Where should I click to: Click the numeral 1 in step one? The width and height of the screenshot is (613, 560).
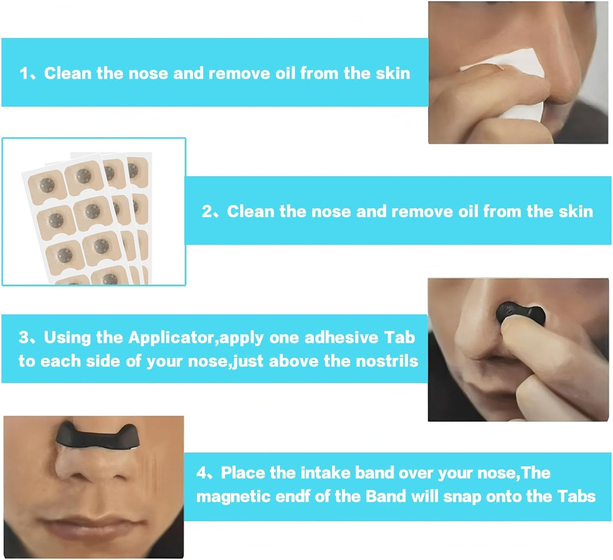[x=23, y=74]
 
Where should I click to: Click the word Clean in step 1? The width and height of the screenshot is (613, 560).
[x=67, y=74]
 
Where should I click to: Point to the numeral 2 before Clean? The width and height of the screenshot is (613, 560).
[x=206, y=212]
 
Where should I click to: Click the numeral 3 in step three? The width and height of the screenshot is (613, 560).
[x=23, y=337]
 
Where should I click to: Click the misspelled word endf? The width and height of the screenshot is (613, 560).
[x=293, y=496]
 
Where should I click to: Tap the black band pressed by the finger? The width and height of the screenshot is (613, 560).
[x=520, y=314]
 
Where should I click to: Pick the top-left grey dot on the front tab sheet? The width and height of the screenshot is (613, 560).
[x=47, y=185]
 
